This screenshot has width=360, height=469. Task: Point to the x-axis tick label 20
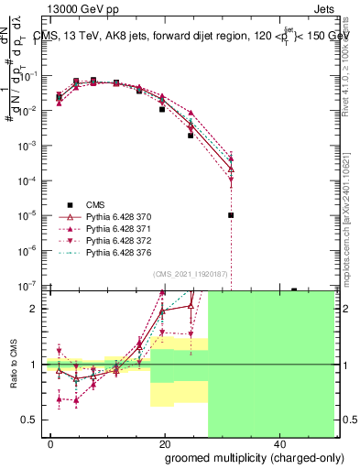(165, 442)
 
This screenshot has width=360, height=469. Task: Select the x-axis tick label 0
(51, 442)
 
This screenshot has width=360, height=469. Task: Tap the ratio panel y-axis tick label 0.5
(30, 420)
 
